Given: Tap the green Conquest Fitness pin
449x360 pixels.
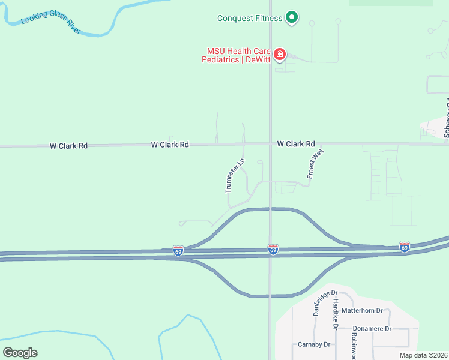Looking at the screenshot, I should pyautogui.click(x=291, y=18).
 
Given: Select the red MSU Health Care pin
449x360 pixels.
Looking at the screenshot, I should pyautogui.click(x=279, y=55).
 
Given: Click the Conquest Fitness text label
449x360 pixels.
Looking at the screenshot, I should pyautogui.click(x=250, y=18).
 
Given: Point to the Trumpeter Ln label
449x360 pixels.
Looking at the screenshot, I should pyautogui.click(x=235, y=175).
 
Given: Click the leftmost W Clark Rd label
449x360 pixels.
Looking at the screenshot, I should pyautogui.click(x=68, y=146).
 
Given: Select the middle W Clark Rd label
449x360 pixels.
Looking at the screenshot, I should pyautogui.click(x=170, y=145).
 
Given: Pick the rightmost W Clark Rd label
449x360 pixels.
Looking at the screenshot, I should pyautogui.click(x=296, y=144).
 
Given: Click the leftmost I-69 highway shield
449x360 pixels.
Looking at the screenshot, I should pyautogui.click(x=178, y=250).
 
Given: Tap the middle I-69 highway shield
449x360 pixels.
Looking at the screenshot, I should pyautogui.click(x=273, y=249).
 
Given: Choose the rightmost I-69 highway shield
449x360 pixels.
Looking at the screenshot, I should pyautogui.click(x=405, y=247).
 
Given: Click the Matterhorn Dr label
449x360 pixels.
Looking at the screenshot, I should pyautogui.click(x=362, y=310).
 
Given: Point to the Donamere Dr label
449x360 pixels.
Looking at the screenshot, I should pyautogui.click(x=372, y=329).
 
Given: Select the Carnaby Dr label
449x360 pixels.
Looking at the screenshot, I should pyautogui.click(x=315, y=344).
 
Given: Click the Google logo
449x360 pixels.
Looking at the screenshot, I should pyautogui.click(x=20, y=352).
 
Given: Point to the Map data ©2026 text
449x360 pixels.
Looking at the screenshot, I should pyautogui.click(x=423, y=355).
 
